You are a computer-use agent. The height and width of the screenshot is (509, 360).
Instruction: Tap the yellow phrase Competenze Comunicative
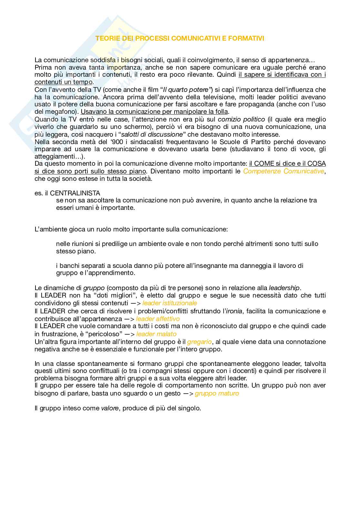click(284, 171)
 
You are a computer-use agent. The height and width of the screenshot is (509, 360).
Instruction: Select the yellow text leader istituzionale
click(169, 303)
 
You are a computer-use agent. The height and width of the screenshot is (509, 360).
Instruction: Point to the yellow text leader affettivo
click(158, 319)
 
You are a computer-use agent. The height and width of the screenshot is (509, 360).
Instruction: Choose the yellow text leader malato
click(156, 334)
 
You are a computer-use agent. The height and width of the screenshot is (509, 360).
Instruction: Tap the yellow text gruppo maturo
click(217, 393)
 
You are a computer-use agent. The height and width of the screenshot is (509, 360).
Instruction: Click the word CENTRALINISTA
click(75, 193)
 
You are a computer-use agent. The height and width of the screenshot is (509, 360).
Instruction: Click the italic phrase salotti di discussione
click(152, 134)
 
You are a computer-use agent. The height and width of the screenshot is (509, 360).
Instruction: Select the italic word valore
click(110, 408)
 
